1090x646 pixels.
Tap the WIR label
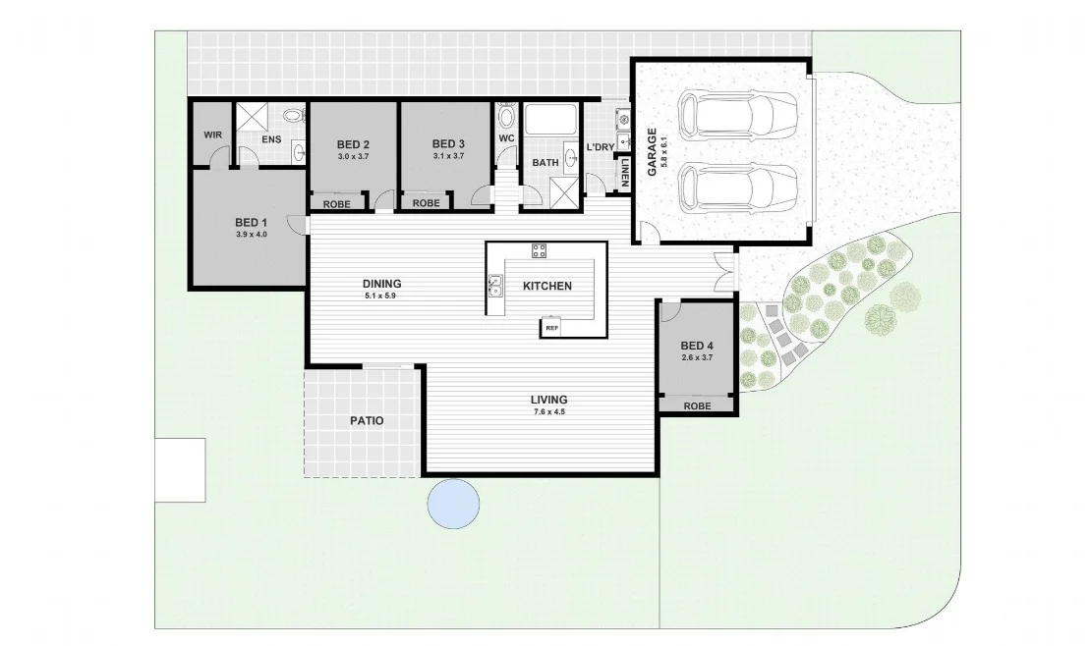pyautogui.click(x=212, y=135)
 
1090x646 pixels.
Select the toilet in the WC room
pyautogui.click(x=506, y=118)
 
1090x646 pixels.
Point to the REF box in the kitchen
pyautogui.click(x=551, y=328)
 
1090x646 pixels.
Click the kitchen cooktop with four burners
pyautogui.click(x=539, y=250)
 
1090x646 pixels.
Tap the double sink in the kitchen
pyautogui.click(x=495, y=286)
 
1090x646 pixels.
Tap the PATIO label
pyautogui.click(x=367, y=420)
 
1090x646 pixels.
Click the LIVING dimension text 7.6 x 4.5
pyautogui.click(x=548, y=412)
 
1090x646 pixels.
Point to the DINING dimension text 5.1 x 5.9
pyautogui.click(x=382, y=295)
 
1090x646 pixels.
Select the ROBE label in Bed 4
pyautogui.click(x=697, y=405)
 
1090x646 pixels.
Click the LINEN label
pyautogui.click(x=624, y=173)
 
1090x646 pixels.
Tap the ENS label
pyautogui.click(x=271, y=139)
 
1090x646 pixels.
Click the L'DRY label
pyautogui.click(x=600, y=147)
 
